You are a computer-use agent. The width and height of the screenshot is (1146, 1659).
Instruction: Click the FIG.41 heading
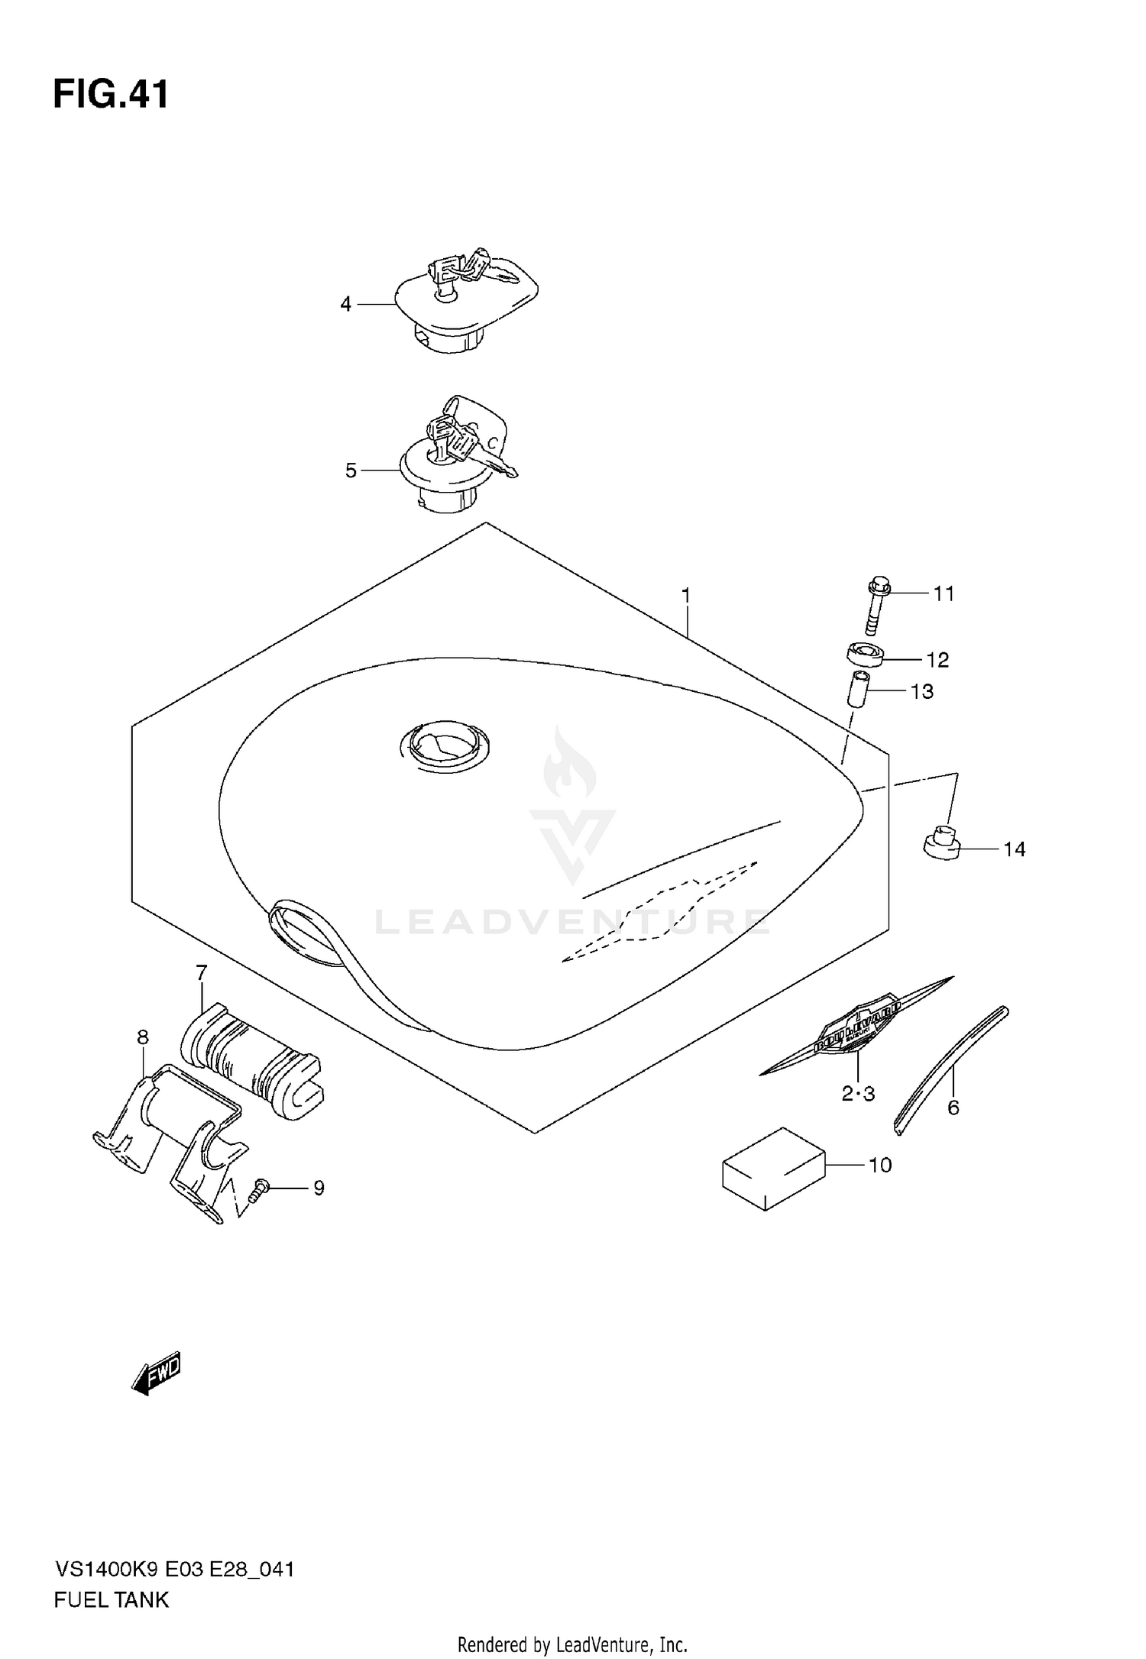tap(111, 95)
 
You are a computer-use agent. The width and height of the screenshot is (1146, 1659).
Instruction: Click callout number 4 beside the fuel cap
tap(345, 305)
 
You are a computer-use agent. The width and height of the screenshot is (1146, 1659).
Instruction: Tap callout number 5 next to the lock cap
tap(351, 471)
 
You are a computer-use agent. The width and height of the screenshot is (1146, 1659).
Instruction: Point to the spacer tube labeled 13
tap(858, 690)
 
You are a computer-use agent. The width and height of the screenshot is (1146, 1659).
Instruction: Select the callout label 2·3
tap(858, 1094)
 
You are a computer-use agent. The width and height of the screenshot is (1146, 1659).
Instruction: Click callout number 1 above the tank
tap(685, 594)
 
